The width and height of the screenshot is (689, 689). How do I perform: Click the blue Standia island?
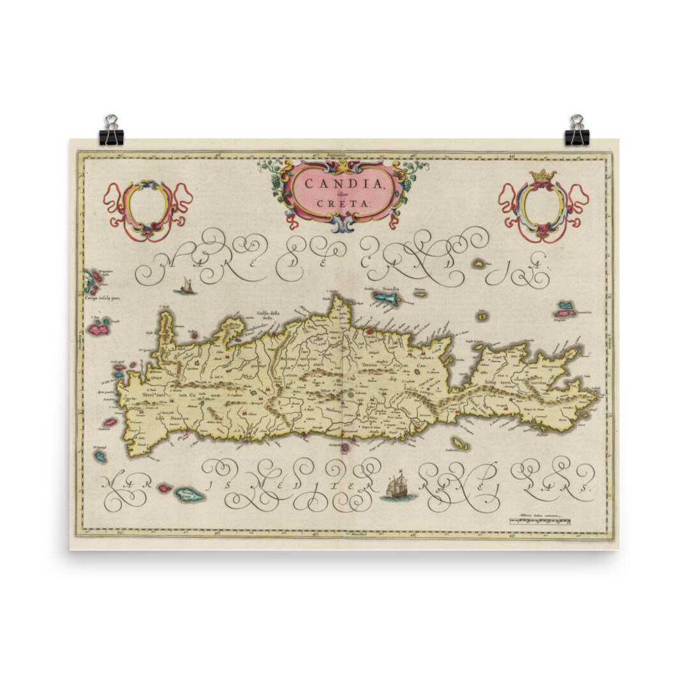[387, 298]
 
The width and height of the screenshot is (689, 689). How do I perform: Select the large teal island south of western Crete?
[189, 494]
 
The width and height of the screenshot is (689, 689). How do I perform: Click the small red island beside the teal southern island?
[165, 488]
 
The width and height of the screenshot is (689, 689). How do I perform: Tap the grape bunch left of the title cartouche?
[276, 183]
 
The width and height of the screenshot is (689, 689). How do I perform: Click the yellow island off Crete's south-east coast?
[458, 443]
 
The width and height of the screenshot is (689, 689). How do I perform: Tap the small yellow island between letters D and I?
[478, 263]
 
